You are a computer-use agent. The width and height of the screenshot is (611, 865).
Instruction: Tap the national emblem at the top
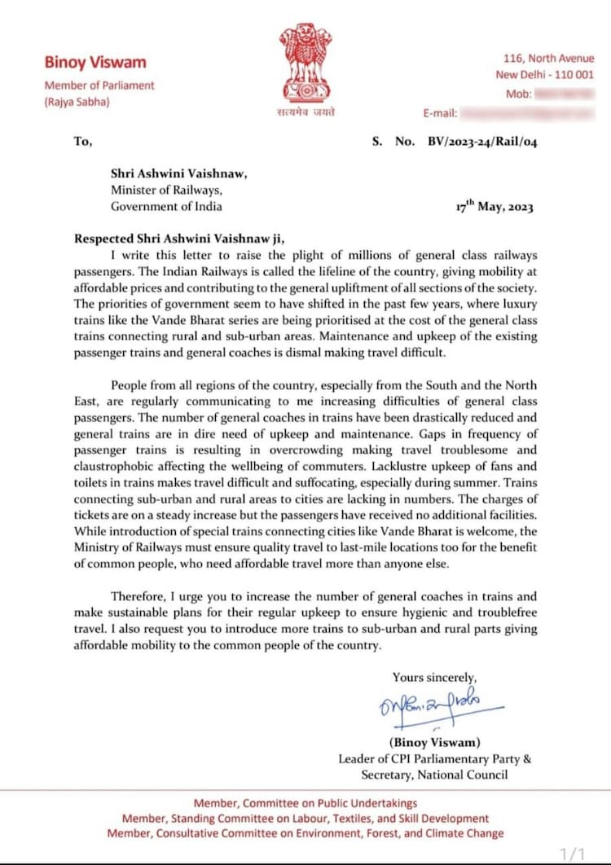305,63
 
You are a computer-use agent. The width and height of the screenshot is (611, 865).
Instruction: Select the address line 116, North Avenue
549,58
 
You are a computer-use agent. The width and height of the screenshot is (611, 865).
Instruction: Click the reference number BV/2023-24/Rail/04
482,141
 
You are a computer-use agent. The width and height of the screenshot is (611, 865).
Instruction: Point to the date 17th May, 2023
495,207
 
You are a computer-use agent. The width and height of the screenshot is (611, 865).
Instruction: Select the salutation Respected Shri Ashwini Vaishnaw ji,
180,239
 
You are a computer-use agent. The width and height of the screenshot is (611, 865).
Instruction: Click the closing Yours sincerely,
434,677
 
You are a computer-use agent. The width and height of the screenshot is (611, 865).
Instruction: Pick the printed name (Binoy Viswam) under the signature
434,742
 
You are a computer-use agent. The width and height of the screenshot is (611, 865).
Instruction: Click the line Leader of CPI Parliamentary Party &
435,758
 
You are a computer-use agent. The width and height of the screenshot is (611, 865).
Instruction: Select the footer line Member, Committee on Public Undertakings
305,803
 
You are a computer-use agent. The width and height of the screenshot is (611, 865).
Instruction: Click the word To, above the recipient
83,141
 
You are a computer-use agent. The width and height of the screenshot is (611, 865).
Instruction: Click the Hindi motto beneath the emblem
305,112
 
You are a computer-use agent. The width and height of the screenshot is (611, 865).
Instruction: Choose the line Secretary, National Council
434,775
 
